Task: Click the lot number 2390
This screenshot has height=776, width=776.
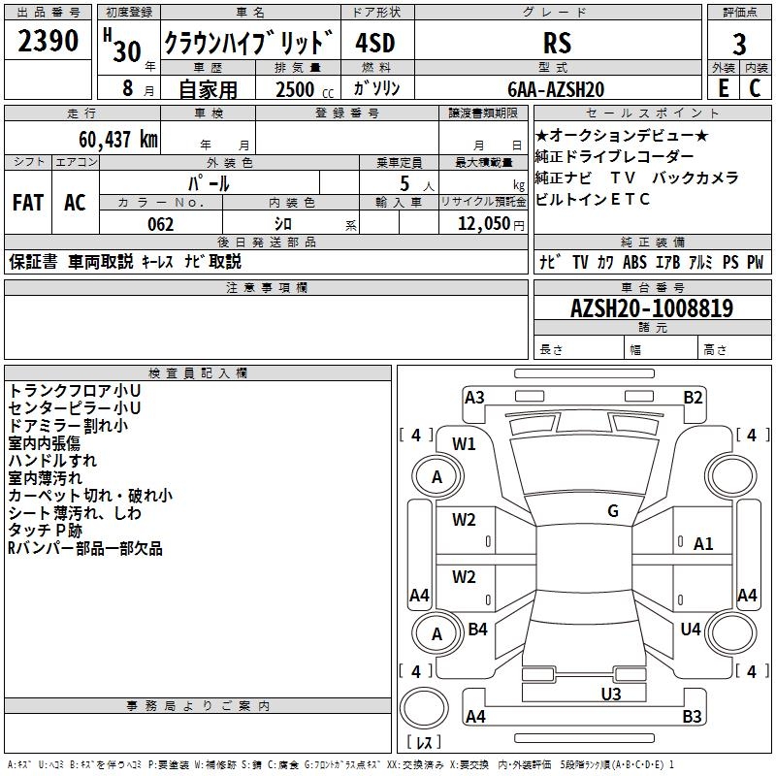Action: [48, 41]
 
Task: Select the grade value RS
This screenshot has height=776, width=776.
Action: [557, 43]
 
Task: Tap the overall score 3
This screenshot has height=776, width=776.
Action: [739, 44]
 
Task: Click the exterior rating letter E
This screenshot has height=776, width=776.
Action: [724, 88]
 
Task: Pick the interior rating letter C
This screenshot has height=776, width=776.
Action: [755, 88]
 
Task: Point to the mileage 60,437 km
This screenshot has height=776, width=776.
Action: [118, 140]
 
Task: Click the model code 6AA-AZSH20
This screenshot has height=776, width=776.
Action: [556, 89]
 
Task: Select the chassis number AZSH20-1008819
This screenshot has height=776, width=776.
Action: [652, 307]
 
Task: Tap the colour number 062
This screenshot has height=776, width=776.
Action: [161, 224]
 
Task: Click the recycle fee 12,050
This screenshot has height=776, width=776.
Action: [484, 224]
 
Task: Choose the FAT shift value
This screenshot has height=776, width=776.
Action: [28, 203]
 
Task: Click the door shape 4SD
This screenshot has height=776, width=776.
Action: [375, 43]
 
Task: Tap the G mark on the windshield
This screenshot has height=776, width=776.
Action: [613, 511]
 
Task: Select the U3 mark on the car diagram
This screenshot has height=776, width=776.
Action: [611, 695]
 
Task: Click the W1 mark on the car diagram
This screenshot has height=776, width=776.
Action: [464, 444]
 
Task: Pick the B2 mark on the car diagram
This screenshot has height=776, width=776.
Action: [693, 398]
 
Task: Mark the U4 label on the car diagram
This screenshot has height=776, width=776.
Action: [691, 629]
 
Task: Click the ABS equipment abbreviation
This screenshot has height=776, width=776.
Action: [634, 262]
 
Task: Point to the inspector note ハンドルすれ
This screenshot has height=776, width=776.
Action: [52, 461]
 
